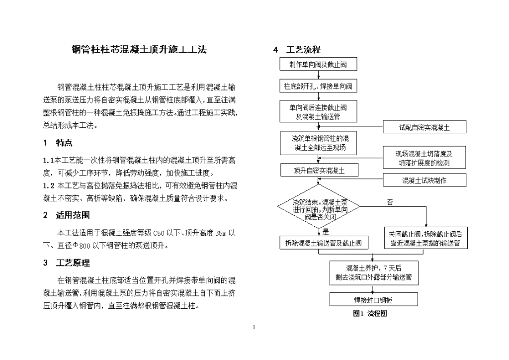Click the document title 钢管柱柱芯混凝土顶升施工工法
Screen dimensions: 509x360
tap(139, 49)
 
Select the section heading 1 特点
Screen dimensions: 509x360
tap(58, 143)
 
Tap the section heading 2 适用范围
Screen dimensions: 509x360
tap(66, 215)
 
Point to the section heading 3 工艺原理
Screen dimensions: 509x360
tap(66, 263)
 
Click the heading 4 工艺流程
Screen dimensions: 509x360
tap(297, 50)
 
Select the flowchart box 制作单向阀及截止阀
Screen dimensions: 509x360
tap(319, 64)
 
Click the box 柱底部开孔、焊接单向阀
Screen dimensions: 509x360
tap(318, 86)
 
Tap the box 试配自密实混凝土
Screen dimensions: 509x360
tap(424, 127)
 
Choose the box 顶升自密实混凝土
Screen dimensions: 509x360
tap(320, 171)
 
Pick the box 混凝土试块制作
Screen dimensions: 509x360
tap(424, 180)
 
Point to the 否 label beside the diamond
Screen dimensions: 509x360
tap(390, 202)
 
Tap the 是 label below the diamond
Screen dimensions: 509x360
tap(326, 232)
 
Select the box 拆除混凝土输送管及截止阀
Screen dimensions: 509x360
tap(324, 243)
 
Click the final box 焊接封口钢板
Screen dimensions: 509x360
tap(374, 300)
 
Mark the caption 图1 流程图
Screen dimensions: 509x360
tap(370, 314)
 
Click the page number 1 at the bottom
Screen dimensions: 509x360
tap(254, 327)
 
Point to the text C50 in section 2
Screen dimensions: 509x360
tap(159, 233)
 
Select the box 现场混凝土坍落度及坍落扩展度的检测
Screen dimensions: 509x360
tap(424, 158)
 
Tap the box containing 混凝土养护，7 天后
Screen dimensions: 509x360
tap(374, 272)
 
